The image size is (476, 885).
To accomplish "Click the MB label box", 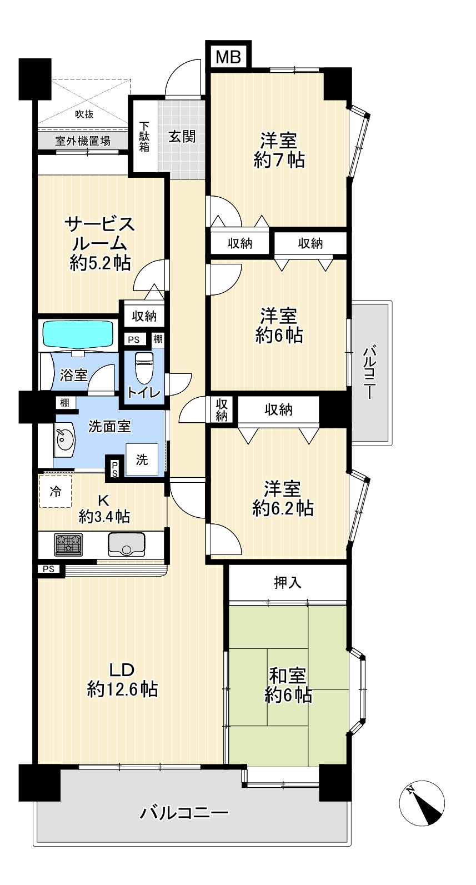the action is click(228, 58).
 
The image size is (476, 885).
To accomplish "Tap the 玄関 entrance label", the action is click(182, 137).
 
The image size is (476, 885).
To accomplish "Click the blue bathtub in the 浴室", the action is click(77, 334).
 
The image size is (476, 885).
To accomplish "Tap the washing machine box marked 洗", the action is click(142, 459).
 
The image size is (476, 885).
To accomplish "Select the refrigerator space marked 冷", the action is click(56, 491).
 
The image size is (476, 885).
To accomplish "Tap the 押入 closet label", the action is click(287, 583).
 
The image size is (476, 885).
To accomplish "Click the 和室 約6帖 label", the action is click(288, 686).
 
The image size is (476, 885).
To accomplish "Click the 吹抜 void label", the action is click(84, 114).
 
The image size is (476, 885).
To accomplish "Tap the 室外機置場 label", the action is click(83, 141).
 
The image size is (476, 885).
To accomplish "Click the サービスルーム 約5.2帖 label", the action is click(101, 244).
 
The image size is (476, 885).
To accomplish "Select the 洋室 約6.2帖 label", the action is click(283, 498).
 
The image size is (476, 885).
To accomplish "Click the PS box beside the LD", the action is click(48, 569).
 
